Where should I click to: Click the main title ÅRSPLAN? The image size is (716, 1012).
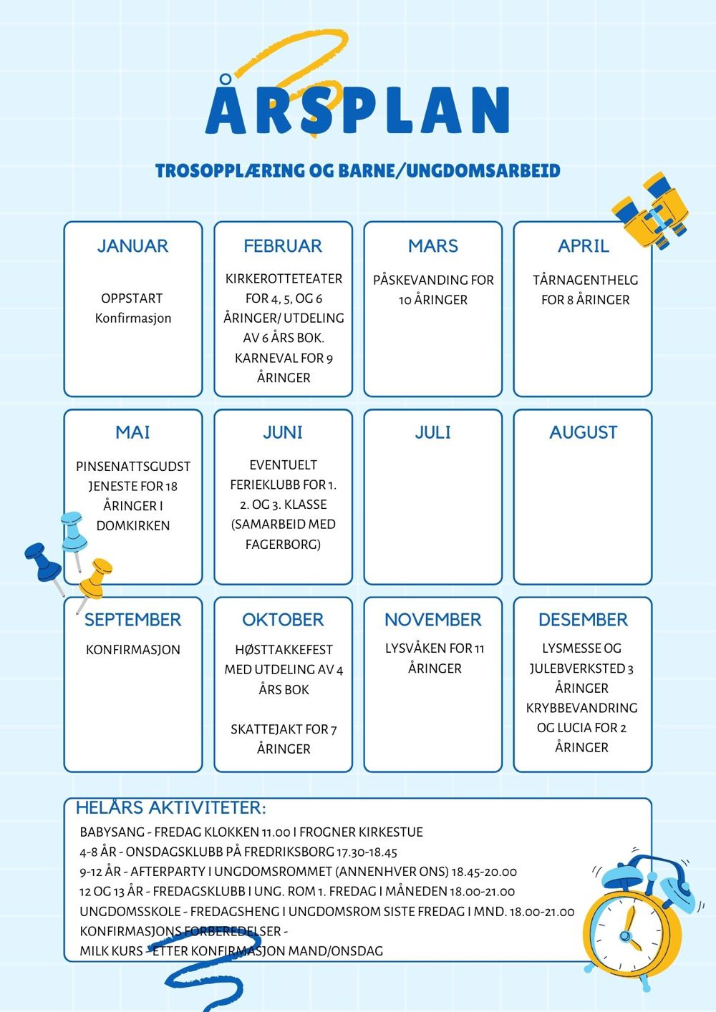pyautogui.click(x=357, y=111)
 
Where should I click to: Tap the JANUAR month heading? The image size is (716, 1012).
pyautogui.click(x=132, y=246)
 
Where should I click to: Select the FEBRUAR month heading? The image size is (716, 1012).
pyautogui.click(x=283, y=246)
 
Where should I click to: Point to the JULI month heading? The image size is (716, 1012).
pyautogui.click(x=433, y=432)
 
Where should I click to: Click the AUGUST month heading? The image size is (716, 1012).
pyautogui.click(x=583, y=432)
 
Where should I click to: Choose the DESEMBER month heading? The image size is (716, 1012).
pyautogui.click(x=583, y=620)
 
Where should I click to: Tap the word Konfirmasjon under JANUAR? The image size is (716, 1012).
pyautogui.click(x=133, y=318)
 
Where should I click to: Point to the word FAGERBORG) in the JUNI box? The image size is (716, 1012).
pyautogui.click(x=283, y=545)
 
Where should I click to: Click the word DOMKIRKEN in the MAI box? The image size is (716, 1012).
pyautogui.click(x=133, y=526)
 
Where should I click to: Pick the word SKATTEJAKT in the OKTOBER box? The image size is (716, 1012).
pyautogui.click(x=266, y=730)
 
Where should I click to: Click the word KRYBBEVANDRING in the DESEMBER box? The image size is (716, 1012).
pyautogui.click(x=581, y=709)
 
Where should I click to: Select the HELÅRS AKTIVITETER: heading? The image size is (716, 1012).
pyautogui.click(x=170, y=808)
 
